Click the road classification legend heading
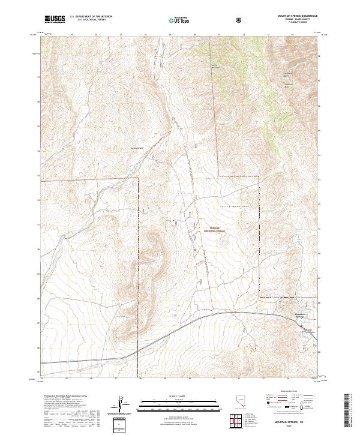click(x=288, y=394)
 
